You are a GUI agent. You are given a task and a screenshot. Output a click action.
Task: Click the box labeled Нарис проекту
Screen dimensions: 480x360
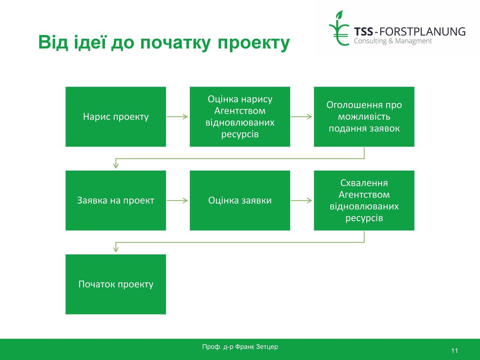[115, 117]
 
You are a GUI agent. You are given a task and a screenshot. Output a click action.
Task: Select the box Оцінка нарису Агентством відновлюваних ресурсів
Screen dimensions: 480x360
[240, 117]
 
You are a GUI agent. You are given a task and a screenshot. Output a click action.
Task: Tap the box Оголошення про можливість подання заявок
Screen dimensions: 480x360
[364, 117]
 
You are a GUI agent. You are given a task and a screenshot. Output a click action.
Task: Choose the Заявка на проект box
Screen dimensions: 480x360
[115, 200]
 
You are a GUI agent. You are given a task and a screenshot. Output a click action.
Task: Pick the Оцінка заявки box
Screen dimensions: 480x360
[240, 200]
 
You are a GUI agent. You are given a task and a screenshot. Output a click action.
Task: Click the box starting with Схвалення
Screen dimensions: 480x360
[364, 200]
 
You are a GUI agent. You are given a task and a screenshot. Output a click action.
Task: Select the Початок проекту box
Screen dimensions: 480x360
[115, 284]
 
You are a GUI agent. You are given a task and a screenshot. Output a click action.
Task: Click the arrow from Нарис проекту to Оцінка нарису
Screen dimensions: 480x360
[177, 117]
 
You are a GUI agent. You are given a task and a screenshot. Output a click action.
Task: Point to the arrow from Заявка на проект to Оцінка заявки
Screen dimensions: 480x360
[177, 200]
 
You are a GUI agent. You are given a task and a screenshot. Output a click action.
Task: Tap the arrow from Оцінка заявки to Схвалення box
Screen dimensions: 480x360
[301, 200]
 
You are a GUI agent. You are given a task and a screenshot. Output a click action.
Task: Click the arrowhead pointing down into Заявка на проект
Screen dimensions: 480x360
[115, 166]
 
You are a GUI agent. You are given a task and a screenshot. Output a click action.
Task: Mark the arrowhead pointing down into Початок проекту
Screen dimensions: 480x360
[115, 250]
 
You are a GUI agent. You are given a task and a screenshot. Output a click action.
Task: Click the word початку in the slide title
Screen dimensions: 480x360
[175, 43]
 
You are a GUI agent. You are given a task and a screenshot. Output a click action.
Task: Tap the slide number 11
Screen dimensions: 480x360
[454, 351]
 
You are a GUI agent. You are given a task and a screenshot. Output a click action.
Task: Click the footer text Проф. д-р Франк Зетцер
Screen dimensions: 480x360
[240, 347]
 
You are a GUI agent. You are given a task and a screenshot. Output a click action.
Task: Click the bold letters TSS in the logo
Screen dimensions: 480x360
[363, 31]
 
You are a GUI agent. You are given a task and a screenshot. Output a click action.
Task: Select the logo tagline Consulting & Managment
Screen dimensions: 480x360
[393, 41]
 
